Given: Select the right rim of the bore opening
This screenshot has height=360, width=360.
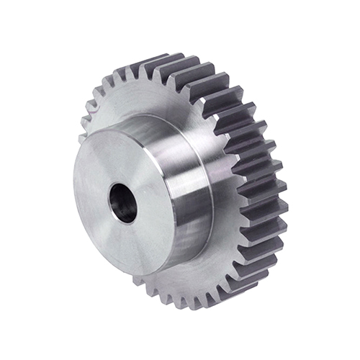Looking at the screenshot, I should [136, 205].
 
